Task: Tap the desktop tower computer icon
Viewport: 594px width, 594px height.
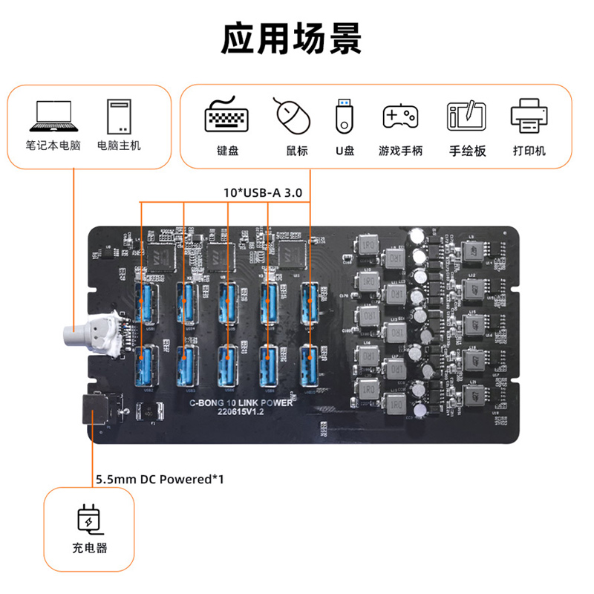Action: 118,115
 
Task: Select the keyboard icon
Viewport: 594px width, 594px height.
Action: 227,116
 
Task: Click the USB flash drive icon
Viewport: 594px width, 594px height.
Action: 344,116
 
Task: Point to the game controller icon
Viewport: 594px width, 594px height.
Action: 400,117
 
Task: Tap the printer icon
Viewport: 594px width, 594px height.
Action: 530,116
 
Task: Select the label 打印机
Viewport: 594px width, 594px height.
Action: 529,151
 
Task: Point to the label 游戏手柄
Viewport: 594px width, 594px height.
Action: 400,151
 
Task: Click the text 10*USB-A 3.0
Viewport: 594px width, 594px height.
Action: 264,192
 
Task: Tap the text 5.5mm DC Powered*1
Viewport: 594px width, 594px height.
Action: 160,479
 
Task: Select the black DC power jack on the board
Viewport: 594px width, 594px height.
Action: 94,411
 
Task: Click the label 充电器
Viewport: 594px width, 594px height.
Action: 88,549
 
